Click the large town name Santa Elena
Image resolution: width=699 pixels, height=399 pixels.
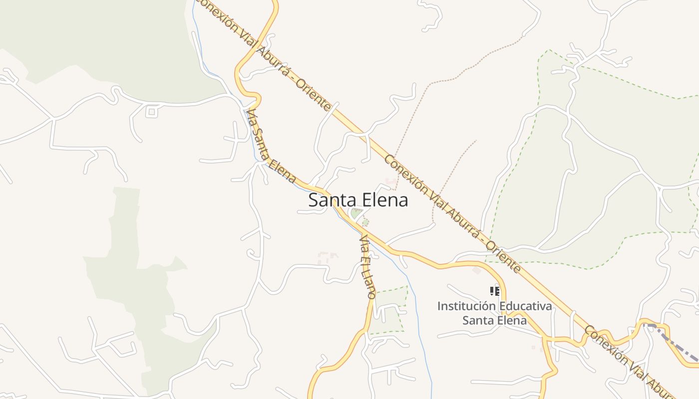point(358,200)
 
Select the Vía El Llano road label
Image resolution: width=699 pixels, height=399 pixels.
point(367,267)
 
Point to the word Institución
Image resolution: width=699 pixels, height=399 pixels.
point(466,306)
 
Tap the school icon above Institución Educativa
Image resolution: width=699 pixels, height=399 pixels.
point(494,291)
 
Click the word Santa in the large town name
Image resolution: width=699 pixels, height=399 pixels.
point(328,200)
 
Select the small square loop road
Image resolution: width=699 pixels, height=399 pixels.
point(152,112)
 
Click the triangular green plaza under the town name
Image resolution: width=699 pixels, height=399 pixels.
point(356,214)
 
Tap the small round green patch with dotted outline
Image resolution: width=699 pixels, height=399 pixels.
point(365,222)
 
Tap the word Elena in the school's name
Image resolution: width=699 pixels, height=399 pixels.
point(511,320)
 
